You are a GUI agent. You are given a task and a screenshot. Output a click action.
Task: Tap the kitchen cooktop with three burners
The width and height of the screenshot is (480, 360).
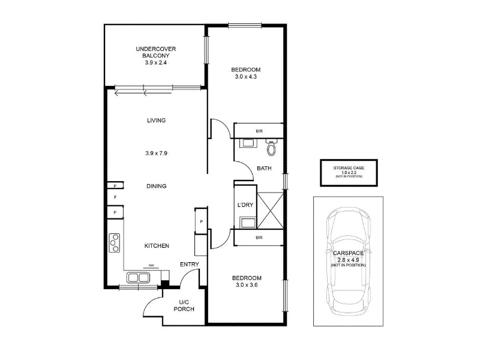click(x=115, y=243)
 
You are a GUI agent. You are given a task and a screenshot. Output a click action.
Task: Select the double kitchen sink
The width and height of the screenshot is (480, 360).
click(x=138, y=278)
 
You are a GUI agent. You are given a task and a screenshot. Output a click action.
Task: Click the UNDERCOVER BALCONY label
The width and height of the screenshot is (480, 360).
click(x=156, y=52)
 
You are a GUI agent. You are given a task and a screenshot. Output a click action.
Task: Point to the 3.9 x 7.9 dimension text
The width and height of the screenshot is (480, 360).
click(x=157, y=153)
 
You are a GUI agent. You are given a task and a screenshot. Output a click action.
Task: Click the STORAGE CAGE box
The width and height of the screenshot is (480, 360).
click(x=349, y=173)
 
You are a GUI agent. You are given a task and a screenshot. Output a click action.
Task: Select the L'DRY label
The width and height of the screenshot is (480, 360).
click(x=245, y=205)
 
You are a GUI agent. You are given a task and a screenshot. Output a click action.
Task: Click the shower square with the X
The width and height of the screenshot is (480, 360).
click(x=271, y=211)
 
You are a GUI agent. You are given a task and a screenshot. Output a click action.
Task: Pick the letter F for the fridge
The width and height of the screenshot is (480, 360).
click(x=115, y=197)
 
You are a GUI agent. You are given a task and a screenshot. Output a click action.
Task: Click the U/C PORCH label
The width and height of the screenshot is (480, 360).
click(x=184, y=306)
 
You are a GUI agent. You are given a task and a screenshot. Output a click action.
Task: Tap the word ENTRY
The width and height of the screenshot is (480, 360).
click(x=190, y=264)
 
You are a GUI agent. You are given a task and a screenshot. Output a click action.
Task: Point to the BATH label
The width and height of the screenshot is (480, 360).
click(x=264, y=168)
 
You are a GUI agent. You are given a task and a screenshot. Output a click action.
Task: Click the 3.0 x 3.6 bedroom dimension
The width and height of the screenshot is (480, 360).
click(x=247, y=285)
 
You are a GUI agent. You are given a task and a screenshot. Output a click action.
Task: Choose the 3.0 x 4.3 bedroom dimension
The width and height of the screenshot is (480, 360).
click(x=246, y=77)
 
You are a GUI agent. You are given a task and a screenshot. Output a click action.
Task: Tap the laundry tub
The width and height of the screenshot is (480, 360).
click(x=248, y=223)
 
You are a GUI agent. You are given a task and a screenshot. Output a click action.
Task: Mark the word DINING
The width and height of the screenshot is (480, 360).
click(x=157, y=186)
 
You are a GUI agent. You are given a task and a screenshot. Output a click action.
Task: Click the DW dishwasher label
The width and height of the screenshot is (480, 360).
click(x=151, y=265)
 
